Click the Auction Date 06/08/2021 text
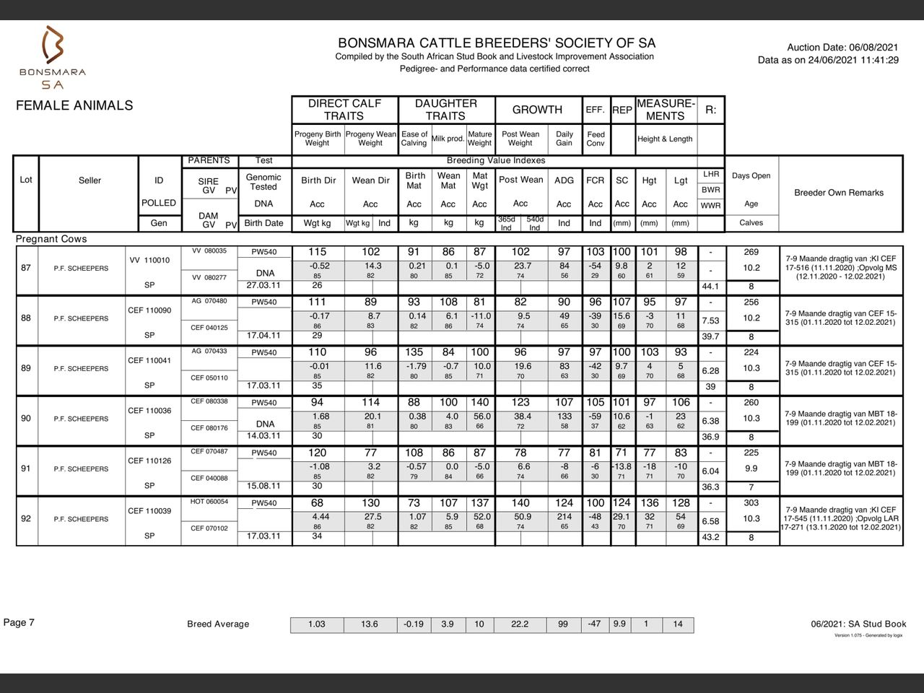tap(842, 47)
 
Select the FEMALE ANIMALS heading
tap(74, 105)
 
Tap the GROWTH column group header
tap(537, 110)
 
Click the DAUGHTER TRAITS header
tap(445, 110)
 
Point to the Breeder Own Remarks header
tap(839, 193)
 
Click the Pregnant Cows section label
tap(51, 239)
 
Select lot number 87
tap(26, 268)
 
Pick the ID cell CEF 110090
tap(149, 310)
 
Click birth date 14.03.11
tap(263, 436)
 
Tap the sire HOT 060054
tap(209, 502)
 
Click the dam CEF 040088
tap(209, 478)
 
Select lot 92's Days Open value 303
tap(751, 503)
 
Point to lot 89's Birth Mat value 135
tap(414, 352)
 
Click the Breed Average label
tap(218, 624)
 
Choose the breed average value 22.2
tap(520, 624)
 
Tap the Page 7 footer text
tap(19, 623)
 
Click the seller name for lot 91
tap(81, 469)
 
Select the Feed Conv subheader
tap(596, 139)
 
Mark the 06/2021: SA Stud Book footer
tap(858, 624)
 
